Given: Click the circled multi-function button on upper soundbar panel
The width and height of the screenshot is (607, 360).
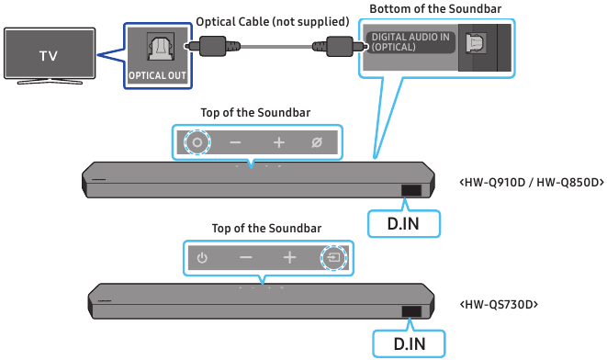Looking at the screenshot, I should point(195,142).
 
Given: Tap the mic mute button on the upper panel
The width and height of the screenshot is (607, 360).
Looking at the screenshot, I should point(317,142).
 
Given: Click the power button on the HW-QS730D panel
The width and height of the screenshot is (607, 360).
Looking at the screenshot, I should point(202,258).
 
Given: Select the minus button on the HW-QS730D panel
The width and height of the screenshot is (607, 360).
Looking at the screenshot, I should point(245,258).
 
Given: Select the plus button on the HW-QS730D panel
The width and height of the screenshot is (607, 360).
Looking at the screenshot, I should point(289,258).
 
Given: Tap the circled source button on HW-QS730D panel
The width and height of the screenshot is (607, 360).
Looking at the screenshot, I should point(332,258).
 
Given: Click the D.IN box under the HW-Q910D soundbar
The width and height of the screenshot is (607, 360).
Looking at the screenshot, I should point(404,222).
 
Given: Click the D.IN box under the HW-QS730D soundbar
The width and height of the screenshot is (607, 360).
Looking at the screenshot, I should point(409,343).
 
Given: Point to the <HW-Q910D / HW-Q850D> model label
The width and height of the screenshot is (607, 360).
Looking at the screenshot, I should point(531,182).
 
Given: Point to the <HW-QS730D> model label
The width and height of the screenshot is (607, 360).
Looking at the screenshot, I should point(498,303).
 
